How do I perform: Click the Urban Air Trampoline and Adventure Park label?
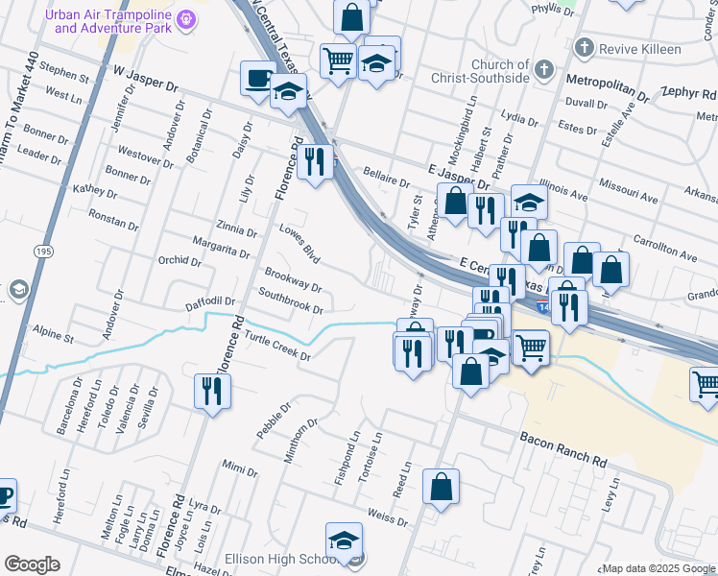tap(112, 21)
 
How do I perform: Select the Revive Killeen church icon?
tap(584, 48)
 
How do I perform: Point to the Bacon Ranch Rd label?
tap(563, 449)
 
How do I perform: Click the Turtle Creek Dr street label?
tap(278, 347)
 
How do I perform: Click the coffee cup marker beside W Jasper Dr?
tap(258, 79)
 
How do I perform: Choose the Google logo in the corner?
tap(33, 564)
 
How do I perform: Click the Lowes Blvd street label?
tap(299, 244)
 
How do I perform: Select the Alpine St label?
tap(54, 336)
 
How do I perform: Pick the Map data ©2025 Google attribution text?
tap(658, 568)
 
